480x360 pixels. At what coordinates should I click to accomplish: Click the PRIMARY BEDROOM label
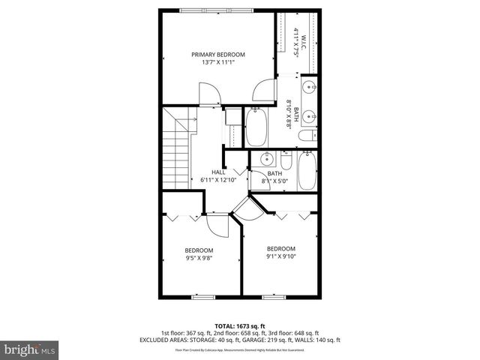pos(217,55)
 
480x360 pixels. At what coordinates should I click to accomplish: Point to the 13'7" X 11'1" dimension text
pos(217,62)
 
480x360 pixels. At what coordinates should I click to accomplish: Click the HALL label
pos(218,172)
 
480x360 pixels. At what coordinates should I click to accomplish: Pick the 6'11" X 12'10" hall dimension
pos(218,180)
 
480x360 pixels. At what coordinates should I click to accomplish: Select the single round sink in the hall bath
pos(266,159)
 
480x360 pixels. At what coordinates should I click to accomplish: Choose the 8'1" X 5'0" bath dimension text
pos(275,181)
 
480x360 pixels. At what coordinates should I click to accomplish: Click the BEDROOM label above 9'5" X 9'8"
pos(199,250)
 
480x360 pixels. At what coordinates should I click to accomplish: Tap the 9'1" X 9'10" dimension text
pos(281,256)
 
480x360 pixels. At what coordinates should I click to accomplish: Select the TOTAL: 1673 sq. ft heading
pos(240,325)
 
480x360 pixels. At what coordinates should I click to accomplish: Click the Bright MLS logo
pos(30,349)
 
